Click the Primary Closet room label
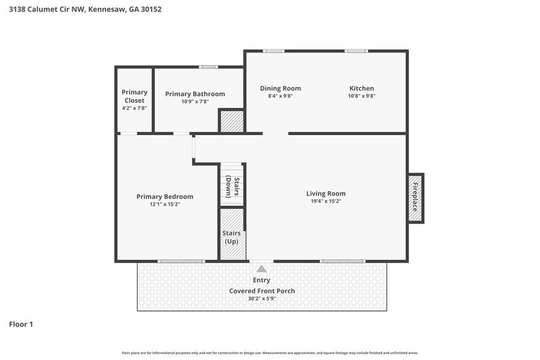pos(134,96)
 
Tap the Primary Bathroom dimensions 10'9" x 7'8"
pos(195,102)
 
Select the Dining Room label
pos(280,88)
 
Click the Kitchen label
pos(361,88)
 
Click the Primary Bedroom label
pos(164,197)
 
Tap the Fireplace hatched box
pos(415,198)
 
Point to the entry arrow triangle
pos(261,268)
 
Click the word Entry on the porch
pos(261,280)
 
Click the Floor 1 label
pos(21,324)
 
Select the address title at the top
pos(81,9)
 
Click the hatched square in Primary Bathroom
pos(231,121)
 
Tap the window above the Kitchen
pos(356,51)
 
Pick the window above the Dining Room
pos(274,51)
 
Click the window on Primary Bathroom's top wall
pos(208,67)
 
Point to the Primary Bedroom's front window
pos(181,261)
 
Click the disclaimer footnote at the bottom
pos(270,353)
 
